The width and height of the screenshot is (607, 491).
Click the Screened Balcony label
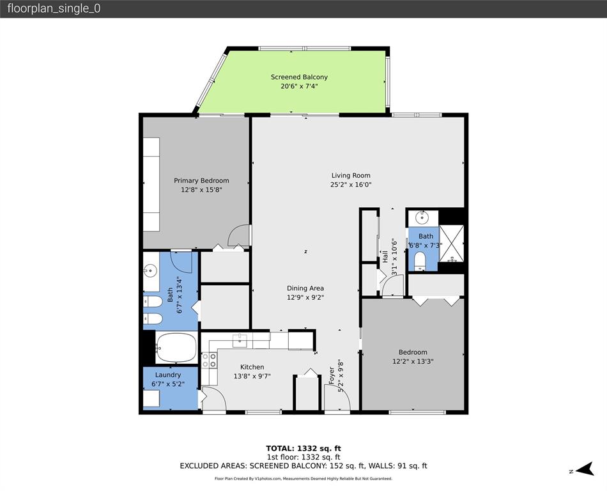click(299, 77)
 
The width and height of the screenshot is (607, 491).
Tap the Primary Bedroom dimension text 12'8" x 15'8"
click(201, 189)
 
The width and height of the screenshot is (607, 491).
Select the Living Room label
click(351, 175)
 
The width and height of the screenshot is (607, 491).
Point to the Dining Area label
click(305, 288)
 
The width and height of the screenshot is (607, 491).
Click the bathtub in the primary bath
click(176, 347)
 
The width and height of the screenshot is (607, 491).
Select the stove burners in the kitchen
click(209, 361)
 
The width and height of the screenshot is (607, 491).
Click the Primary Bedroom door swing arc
click(239, 235)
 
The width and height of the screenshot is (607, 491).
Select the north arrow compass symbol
click(582, 471)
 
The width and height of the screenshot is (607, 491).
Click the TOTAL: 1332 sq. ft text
click(303, 448)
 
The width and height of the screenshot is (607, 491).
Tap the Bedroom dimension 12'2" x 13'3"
click(413, 361)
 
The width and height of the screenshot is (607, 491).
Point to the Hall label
click(385, 258)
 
